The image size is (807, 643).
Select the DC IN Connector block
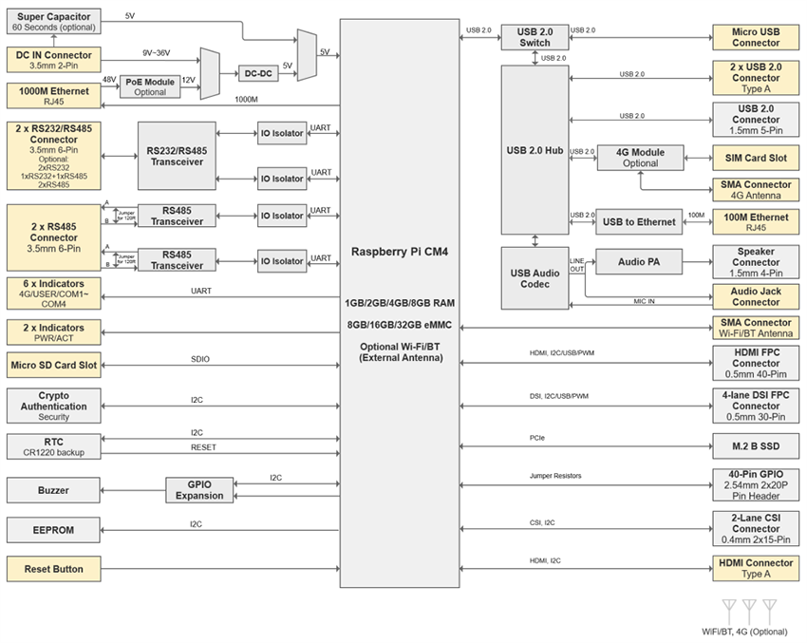click(x=53, y=61)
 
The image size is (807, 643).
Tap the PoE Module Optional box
click(x=150, y=86)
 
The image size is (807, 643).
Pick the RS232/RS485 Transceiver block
click(x=177, y=156)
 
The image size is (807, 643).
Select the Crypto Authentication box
click(x=53, y=406)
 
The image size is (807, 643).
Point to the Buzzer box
click(x=53, y=490)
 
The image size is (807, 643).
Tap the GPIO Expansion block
click(x=199, y=489)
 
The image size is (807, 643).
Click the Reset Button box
click(x=53, y=569)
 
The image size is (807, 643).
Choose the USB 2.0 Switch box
click(x=534, y=37)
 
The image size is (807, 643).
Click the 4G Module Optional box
click(x=640, y=158)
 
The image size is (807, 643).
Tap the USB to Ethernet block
click(x=640, y=222)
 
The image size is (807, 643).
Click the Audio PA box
click(x=640, y=261)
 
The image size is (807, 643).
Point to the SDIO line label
click(x=200, y=359)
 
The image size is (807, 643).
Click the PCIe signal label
click(x=537, y=438)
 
